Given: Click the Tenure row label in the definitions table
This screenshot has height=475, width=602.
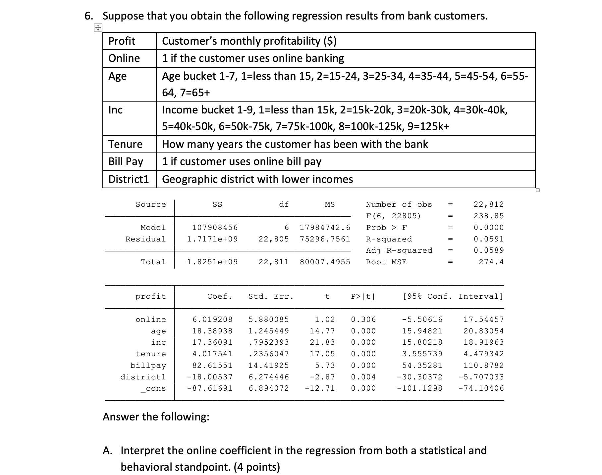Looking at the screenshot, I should click(126, 144).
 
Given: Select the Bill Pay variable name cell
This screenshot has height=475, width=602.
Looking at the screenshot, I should click(126, 161).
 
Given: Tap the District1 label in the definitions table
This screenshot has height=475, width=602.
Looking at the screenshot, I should click(129, 179).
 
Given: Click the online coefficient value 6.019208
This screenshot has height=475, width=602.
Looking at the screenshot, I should click(212, 320).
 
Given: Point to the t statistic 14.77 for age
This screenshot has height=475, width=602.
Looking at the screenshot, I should click(322, 331).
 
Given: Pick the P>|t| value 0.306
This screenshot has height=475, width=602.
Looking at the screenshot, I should click(363, 320).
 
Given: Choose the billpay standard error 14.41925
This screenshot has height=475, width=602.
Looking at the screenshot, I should click(269, 366).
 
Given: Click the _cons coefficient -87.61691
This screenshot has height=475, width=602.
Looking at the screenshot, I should click(210, 388).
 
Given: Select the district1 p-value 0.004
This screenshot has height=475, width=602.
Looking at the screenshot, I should click(363, 377).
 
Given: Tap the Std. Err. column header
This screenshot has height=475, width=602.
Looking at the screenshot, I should click(271, 296).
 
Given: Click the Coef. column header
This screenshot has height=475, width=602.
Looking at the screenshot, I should click(219, 296).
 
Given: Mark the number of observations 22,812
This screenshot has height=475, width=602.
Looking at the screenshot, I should click(488, 204).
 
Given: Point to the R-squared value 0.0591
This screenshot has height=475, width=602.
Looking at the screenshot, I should click(488, 239).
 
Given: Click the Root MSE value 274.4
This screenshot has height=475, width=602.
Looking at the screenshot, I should click(491, 262).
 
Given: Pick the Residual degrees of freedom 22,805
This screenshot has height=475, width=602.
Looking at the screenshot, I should click(274, 239).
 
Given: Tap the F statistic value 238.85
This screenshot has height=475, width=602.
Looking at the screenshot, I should click(488, 216).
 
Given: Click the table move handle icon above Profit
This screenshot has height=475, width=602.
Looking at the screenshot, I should click(98, 28).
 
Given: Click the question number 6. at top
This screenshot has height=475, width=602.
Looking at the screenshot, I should click(89, 16).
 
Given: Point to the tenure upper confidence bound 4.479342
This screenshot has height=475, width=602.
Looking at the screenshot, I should click(483, 354).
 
